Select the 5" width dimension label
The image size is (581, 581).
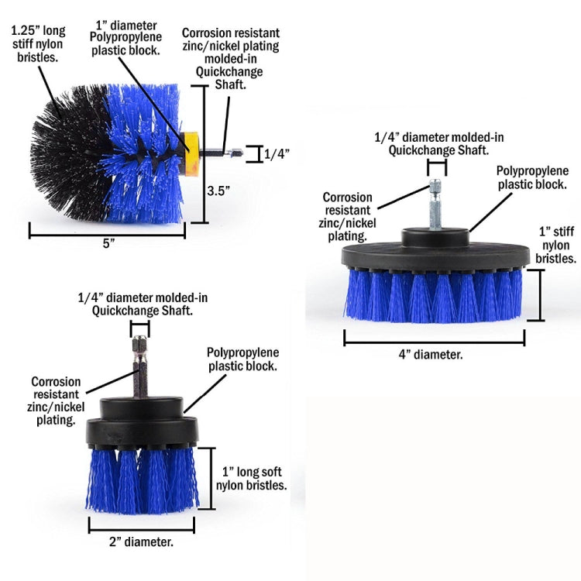[x=108, y=243]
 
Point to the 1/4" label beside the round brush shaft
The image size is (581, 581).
[x=276, y=154]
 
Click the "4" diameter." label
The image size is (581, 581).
[x=431, y=353]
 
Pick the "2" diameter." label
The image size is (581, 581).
[x=141, y=541]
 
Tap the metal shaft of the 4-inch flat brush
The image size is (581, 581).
[x=435, y=206]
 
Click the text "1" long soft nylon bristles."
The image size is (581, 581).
[x=254, y=478]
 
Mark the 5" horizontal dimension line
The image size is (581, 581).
[x=108, y=231]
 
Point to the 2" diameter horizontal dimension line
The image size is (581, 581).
[x=141, y=524]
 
